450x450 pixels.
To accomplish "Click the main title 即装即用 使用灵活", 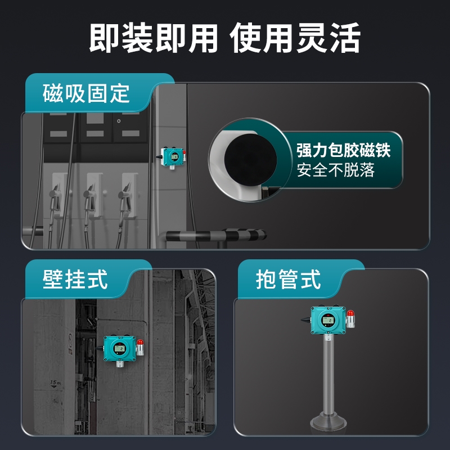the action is click(x=224, y=38).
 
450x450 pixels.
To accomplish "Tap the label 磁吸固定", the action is click(x=86, y=93).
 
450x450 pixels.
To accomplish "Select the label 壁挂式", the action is click(x=75, y=279).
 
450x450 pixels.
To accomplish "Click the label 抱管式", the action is click(x=288, y=279).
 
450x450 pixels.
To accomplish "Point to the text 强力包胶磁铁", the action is click(x=344, y=150).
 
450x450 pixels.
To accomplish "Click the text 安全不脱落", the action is click(x=336, y=170).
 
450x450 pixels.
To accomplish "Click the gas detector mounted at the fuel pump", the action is click(x=171, y=157).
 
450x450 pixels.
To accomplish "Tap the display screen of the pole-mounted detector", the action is click(x=327, y=320).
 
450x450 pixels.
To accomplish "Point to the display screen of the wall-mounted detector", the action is click(x=119, y=348).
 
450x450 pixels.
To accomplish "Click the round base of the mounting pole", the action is click(x=328, y=421).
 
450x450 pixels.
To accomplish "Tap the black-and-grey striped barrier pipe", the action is click(x=216, y=235).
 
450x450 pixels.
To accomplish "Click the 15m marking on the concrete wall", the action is click(x=55, y=383).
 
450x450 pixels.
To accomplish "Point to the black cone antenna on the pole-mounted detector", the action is click(x=305, y=319).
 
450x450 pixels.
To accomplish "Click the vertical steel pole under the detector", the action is click(x=328, y=373).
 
